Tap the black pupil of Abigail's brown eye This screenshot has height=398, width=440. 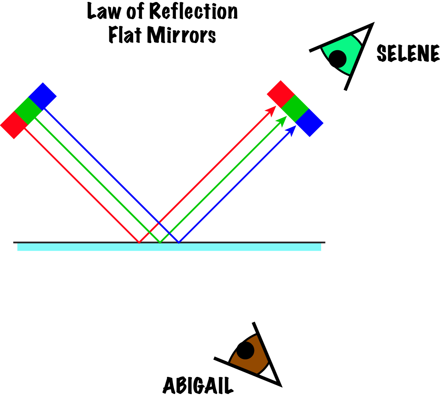coord(245,351)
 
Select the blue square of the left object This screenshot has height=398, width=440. coord(42,96)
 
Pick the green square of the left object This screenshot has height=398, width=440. coord(28,110)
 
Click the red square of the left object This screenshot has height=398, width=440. coord(14,125)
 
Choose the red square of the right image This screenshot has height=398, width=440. coord(280,94)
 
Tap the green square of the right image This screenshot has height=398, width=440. coord(295,108)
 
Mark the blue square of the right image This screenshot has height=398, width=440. coord(309,122)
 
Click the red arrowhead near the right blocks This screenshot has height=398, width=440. coord(272,110)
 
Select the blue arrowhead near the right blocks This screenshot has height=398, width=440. coord(292,129)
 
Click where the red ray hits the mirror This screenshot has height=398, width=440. coord(139,242)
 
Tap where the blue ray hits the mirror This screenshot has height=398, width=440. coord(179,242)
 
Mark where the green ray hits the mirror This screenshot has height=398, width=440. coord(160,242)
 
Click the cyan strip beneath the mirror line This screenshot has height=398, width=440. coord(169,247)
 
